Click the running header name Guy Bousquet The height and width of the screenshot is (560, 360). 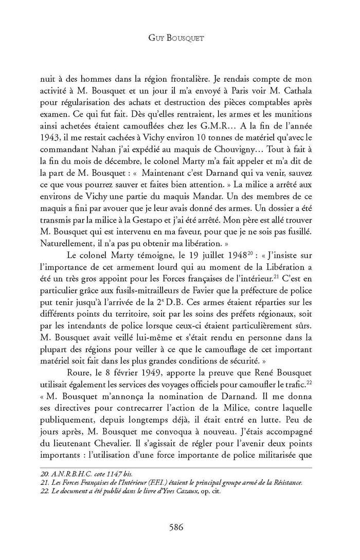[179, 39]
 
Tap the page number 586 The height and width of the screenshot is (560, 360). [179, 526]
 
